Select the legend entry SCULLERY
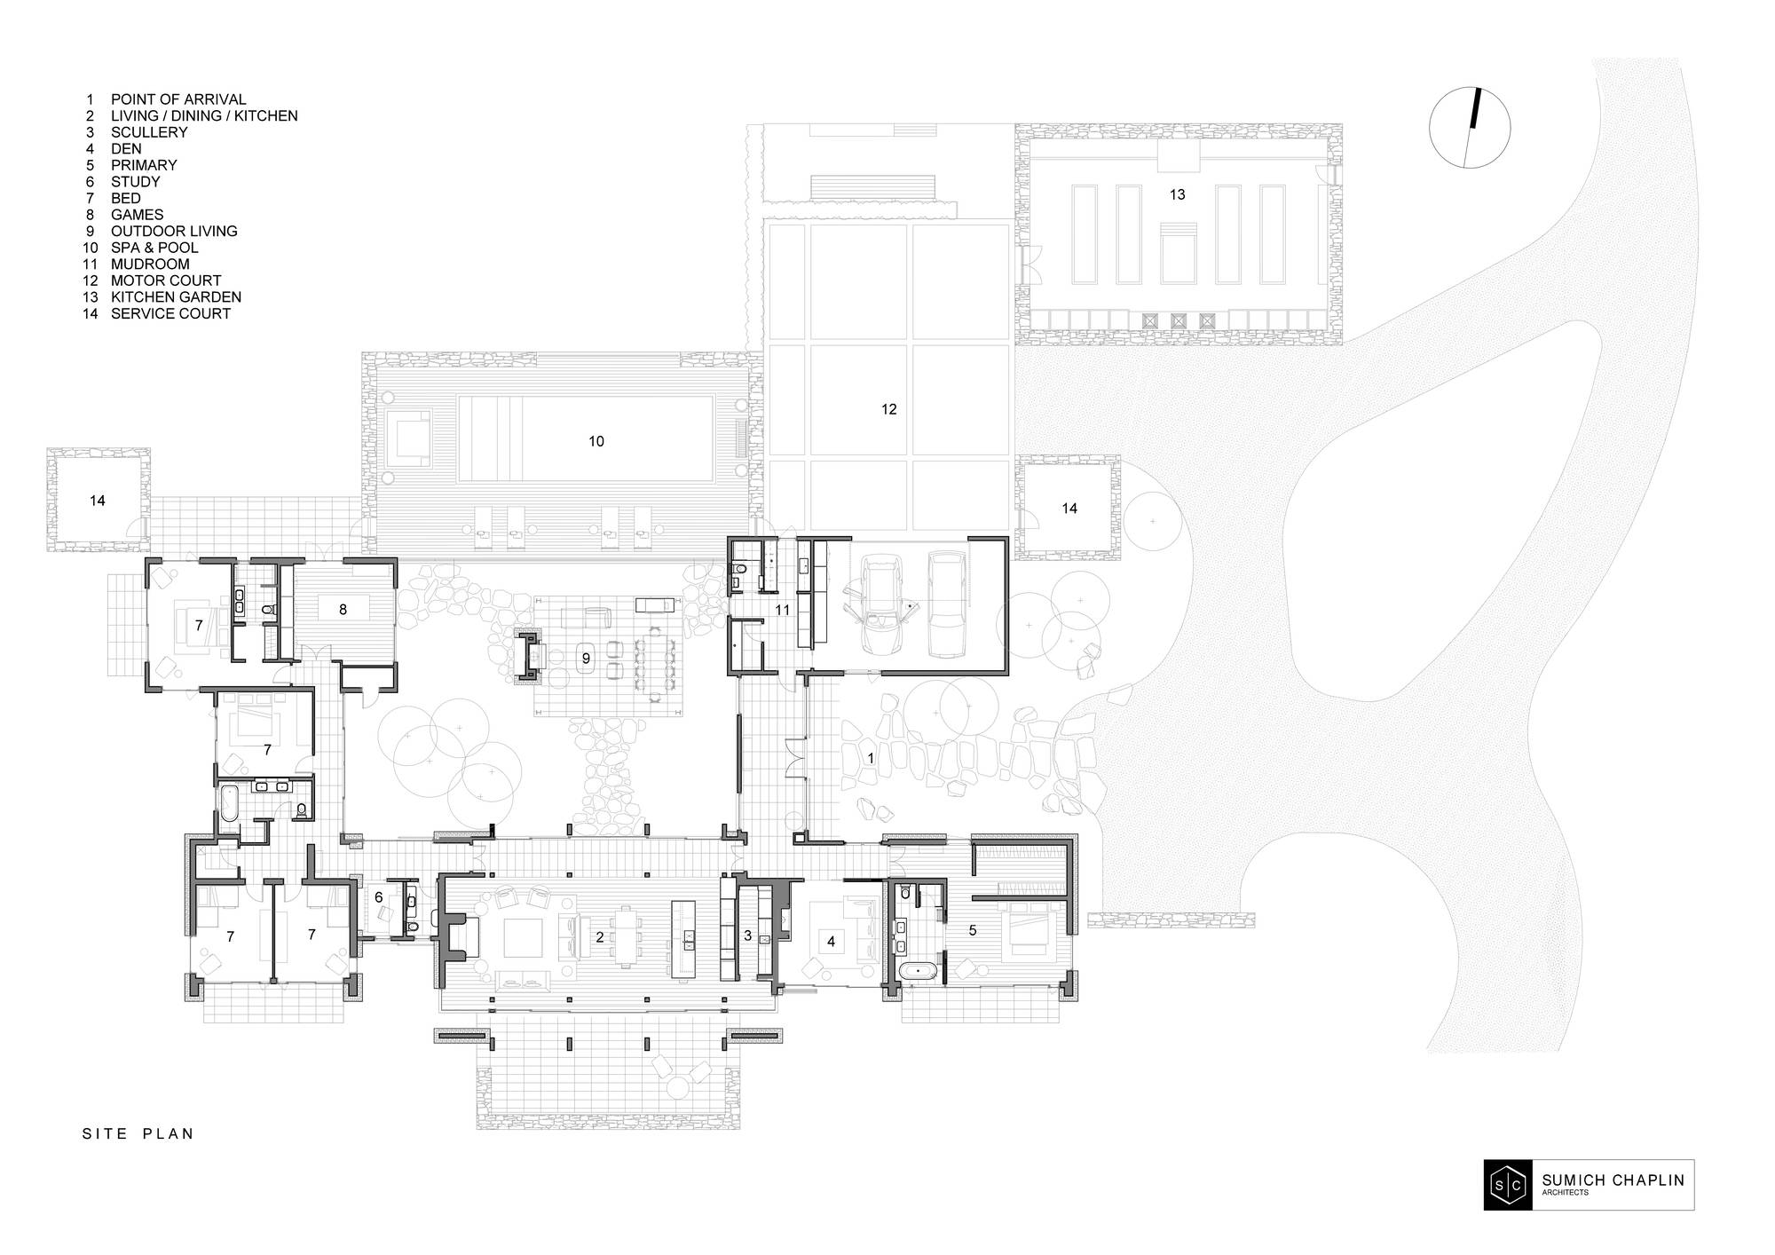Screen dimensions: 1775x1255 coord(149,132)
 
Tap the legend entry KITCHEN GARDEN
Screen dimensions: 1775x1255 coord(176,297)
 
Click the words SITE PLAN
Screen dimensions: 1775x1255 coord(138,1133)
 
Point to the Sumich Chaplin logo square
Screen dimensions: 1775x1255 coord(1508,1185)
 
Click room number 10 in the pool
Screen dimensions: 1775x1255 coord(596,441)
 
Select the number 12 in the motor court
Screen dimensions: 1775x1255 coord(889,409)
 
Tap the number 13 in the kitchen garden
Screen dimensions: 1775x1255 coord(1177,194)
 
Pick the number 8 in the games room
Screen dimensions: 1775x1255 coord(343,609)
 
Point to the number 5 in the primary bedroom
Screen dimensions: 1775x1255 coord(973,930)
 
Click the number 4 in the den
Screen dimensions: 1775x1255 coord(832,941)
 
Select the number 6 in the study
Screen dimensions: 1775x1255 coord(379,897)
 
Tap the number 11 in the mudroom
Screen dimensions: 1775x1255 coord(782,610)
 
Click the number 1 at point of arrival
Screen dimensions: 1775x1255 coord(871,758)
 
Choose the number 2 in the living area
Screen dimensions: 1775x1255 coord(600,936)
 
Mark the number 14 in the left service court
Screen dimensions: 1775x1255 coord(98,501)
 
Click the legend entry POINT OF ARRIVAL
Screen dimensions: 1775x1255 coord(178,99)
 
